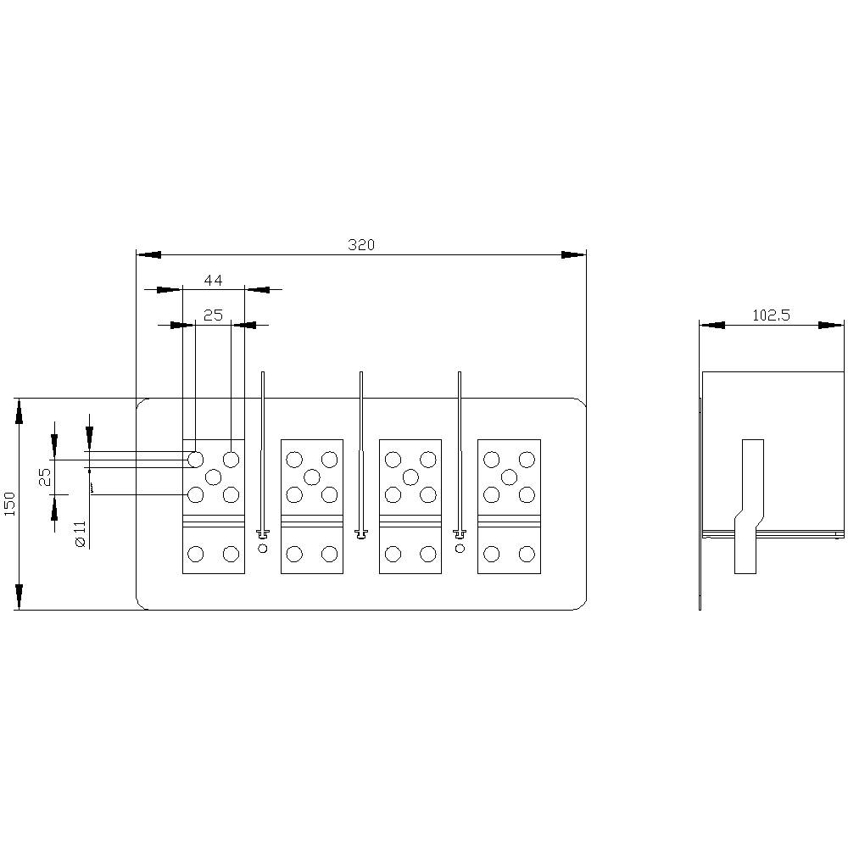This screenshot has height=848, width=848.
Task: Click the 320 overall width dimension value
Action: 361,245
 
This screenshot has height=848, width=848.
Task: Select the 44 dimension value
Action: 213,280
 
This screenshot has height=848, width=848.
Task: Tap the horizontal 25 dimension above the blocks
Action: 213,315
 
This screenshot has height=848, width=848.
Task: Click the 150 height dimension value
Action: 9,503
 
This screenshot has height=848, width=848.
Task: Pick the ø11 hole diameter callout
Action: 81,533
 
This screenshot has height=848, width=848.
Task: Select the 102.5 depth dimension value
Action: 771,315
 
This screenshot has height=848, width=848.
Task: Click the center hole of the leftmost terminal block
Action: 213,477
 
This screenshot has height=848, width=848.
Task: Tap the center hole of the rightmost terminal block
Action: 509,477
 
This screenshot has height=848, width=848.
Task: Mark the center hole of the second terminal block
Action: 311,477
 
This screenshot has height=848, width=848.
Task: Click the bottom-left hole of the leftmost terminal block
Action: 195,555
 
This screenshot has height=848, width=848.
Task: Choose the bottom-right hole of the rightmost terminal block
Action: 527,555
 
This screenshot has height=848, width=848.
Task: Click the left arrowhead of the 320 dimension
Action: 148,254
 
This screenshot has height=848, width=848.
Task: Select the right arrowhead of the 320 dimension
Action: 575,254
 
